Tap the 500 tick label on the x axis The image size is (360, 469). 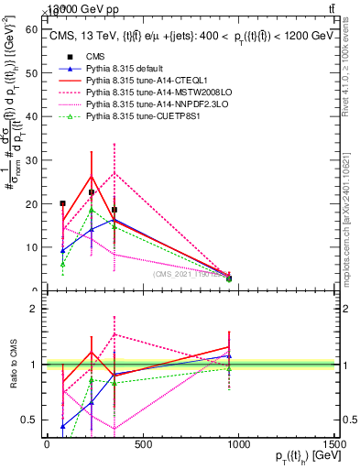(x=142, y=445)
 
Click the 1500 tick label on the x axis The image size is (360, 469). (x=334, y=445)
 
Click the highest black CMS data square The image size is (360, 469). (x=92, y=192)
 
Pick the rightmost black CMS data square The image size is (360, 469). (x=229, y=278)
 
